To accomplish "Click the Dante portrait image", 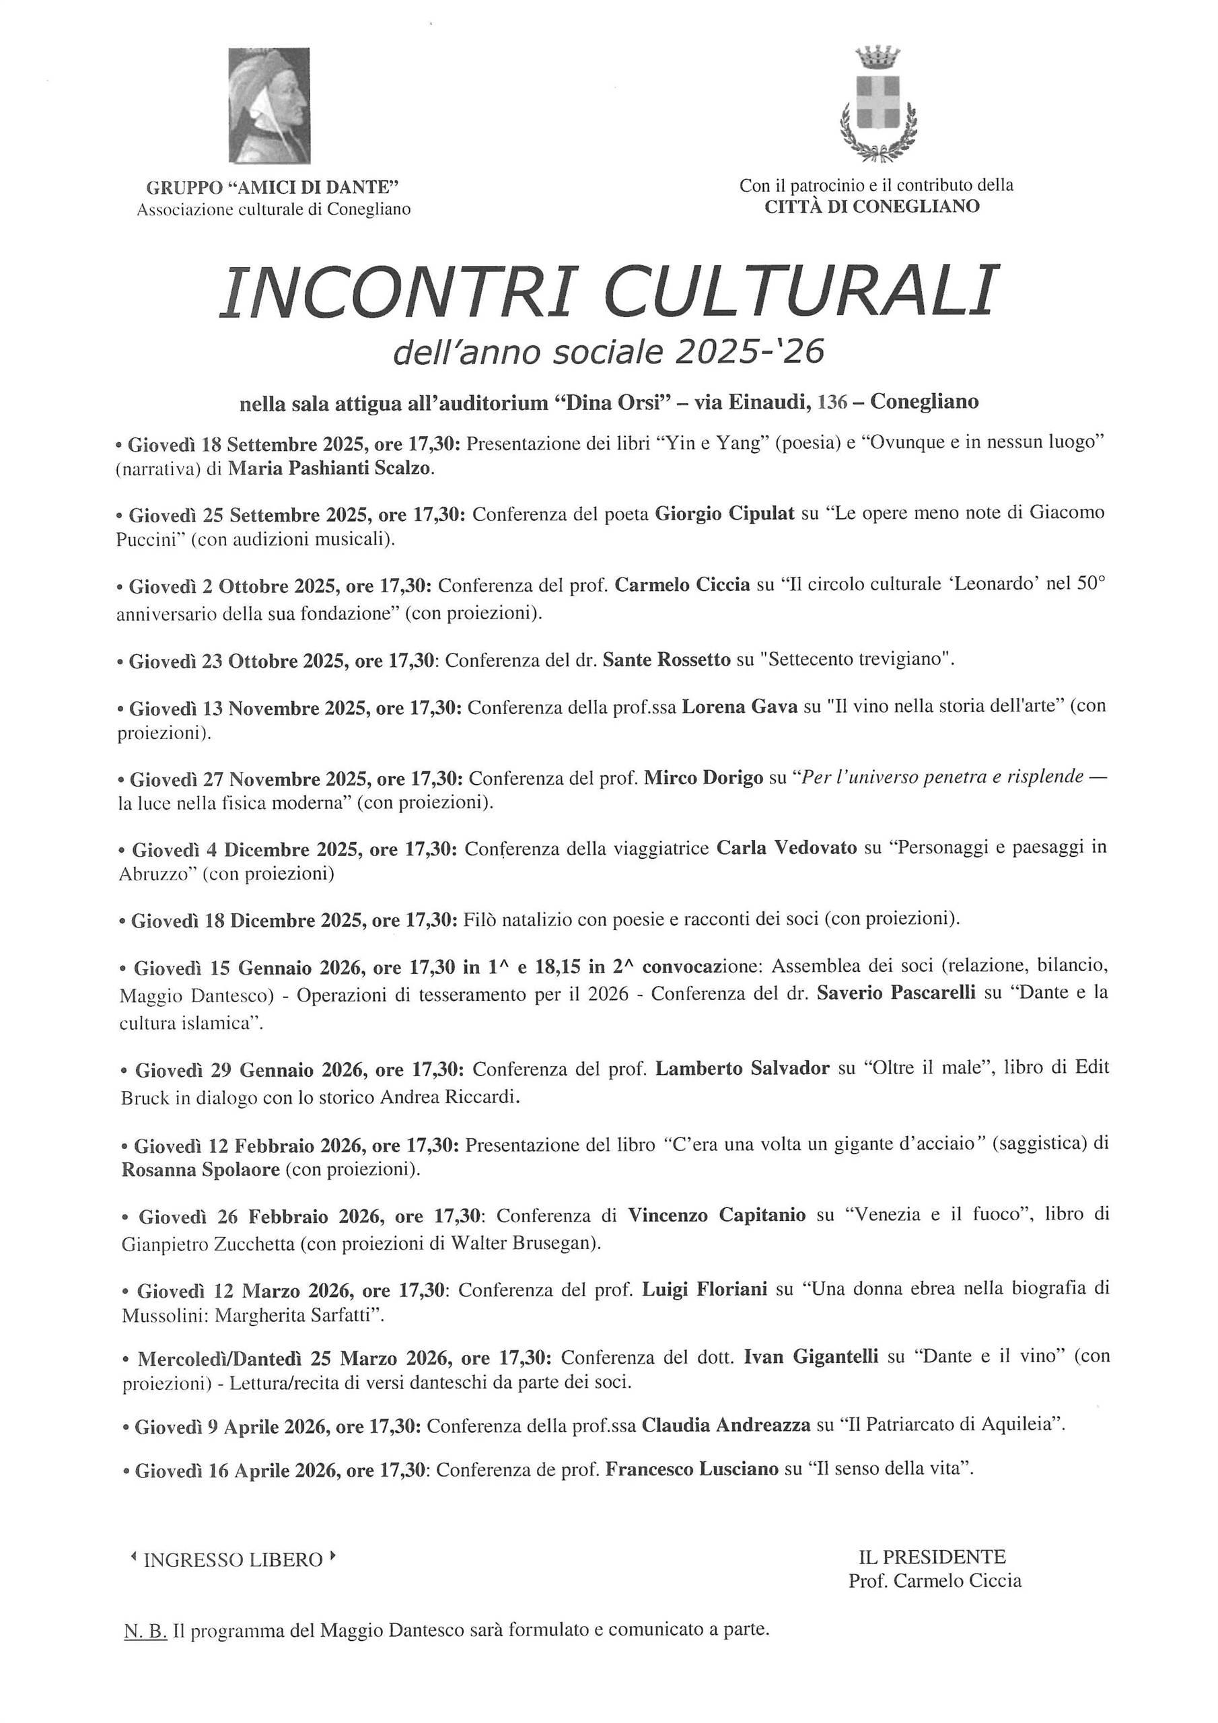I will click(268, 105).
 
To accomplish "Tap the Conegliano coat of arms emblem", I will click(877, 105).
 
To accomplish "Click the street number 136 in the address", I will click(830, 402).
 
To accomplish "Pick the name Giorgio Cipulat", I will click(724, 515).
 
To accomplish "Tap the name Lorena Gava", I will click(739, 707).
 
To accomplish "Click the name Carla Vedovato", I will click(787, 848).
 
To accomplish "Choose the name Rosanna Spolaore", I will click(201, 1169).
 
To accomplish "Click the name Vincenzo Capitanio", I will click(717, 1214).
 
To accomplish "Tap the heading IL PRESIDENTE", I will click(932, 1555).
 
